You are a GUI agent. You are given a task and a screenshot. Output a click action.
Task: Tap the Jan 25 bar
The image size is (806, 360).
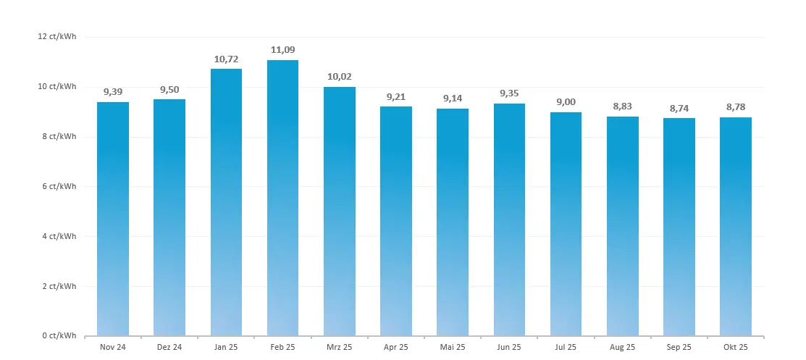tap(226, 202)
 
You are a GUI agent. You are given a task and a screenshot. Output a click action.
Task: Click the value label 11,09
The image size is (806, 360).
tap(282, 50)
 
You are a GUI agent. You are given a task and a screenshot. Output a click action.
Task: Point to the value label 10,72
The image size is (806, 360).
tap(226, 59)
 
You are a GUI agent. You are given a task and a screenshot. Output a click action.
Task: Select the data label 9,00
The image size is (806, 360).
tap(566, 102)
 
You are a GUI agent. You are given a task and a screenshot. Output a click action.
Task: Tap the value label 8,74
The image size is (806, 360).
tap(679, 108)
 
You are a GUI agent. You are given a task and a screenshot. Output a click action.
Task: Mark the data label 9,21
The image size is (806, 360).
tap(396, 96)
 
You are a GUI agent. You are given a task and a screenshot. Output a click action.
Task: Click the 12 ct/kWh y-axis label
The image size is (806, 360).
tap(58, 37)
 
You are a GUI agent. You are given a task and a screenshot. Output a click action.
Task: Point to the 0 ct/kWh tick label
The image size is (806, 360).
tap(59, 335)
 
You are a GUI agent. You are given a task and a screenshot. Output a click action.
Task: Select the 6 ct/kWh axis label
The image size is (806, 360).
tap(59, 186)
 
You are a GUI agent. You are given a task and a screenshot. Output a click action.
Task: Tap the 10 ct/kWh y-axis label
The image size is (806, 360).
tap(58, 87)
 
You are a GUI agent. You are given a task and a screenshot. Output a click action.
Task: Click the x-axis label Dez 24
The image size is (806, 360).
tap(169, 347)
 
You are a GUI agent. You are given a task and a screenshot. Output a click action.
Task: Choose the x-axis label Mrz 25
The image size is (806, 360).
tap(340, 347)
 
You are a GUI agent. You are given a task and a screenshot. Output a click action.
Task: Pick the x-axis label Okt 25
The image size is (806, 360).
tap(735, 347)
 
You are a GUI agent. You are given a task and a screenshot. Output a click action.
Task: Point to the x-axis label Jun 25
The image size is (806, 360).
tap(509, 347)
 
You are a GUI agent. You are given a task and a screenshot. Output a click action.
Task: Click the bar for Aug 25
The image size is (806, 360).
tap(622, 226)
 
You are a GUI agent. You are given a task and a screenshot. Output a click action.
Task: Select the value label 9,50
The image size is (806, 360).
tap(169, 89)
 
